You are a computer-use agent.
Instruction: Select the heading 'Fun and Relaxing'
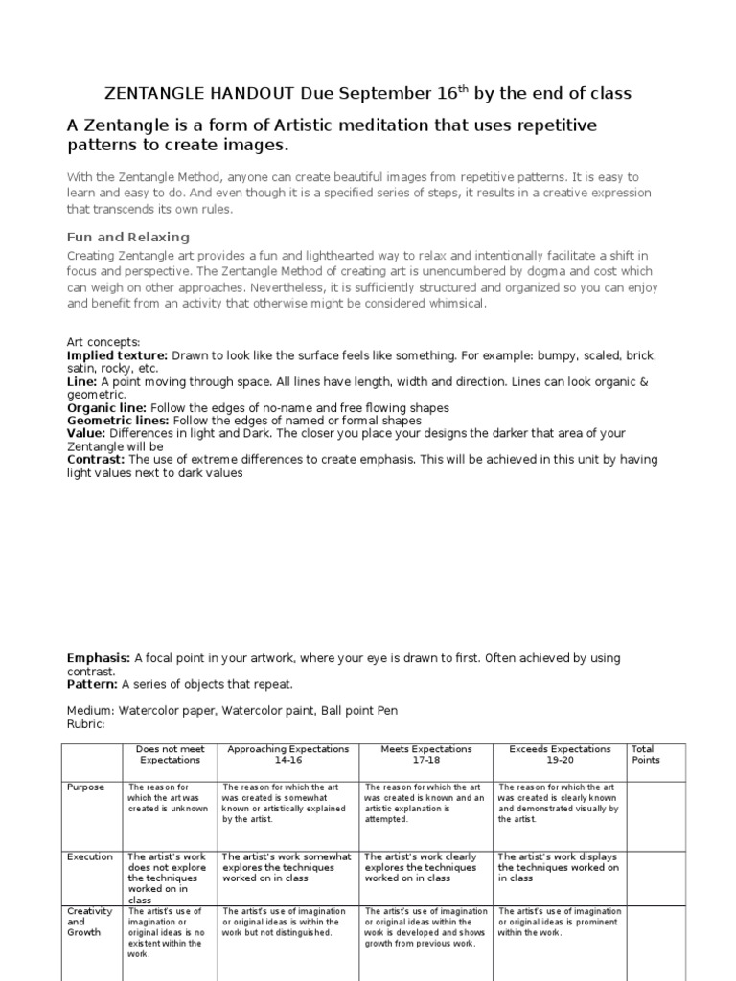(128, 237)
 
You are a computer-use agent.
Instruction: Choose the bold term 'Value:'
(86, 433)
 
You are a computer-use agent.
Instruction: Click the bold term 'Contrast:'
(96, 460)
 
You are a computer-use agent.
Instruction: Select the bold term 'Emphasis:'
(99, 658)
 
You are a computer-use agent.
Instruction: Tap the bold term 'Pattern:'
(92, 685)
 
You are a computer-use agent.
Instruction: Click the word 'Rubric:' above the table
(85, 723)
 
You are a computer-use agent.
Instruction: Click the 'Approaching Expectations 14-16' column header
(287, 754)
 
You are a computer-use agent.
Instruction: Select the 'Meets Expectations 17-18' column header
(426, 754)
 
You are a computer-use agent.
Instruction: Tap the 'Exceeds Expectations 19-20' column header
(560, 754)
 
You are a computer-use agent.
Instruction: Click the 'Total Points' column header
(645, 754)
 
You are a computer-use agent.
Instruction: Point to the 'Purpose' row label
(85, 787)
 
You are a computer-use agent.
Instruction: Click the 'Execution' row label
(89, 857)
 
